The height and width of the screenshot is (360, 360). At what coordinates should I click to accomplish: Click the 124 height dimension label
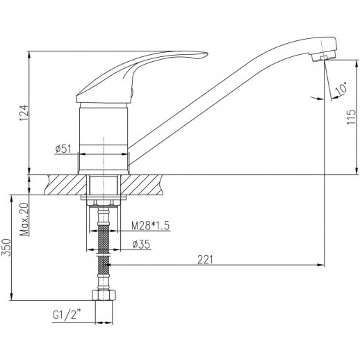[24, 113]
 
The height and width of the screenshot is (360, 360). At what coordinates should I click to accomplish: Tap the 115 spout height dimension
[351, 117]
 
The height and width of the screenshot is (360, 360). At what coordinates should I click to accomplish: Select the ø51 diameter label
[63, 149]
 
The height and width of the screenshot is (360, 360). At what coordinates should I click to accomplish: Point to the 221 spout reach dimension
[205, 259]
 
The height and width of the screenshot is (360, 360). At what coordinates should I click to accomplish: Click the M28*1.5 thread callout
[151, 226]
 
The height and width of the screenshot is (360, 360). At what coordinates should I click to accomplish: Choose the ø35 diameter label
[141, 245]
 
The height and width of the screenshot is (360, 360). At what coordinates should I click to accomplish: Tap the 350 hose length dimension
[6, 247]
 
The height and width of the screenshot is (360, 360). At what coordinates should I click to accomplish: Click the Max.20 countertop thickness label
[24, 219]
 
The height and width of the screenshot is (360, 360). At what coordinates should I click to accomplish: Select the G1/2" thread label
[67, 315]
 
